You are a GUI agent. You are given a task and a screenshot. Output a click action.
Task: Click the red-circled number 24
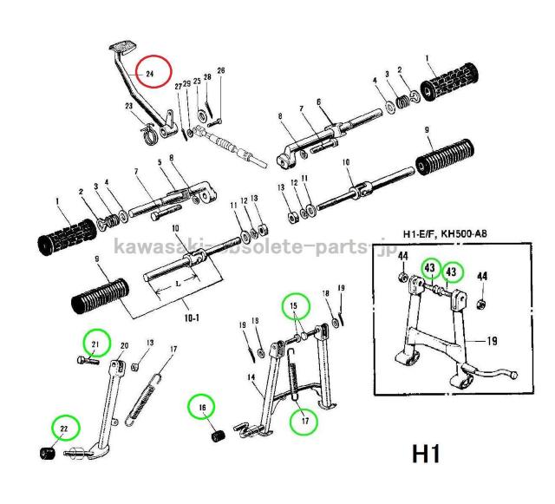click(149, 75)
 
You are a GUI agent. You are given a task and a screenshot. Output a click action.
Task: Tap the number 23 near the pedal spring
click(128, 107)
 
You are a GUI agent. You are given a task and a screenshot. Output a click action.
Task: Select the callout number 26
click(220, 70)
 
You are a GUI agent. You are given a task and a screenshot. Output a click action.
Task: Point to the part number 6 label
click(318, 101)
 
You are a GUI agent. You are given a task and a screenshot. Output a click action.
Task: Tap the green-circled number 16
click(203, 406)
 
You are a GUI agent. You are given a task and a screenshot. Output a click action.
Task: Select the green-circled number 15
click(294, 306)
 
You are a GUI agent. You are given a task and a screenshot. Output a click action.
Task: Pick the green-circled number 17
click(304, 422)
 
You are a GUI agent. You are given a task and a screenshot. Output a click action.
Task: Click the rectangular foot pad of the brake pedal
click(120, 44)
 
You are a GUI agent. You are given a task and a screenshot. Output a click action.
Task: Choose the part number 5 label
click(160, 162)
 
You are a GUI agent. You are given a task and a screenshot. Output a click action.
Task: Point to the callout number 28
click(207, 76)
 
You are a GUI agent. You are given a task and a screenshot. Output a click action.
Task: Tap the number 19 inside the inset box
click(491, 341)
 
